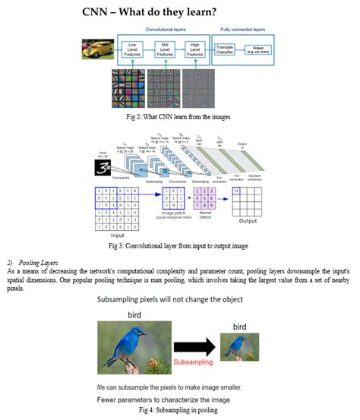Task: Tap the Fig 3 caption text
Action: point(178,245)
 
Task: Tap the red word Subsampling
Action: point(194,362)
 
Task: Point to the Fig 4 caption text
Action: point(178,409)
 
